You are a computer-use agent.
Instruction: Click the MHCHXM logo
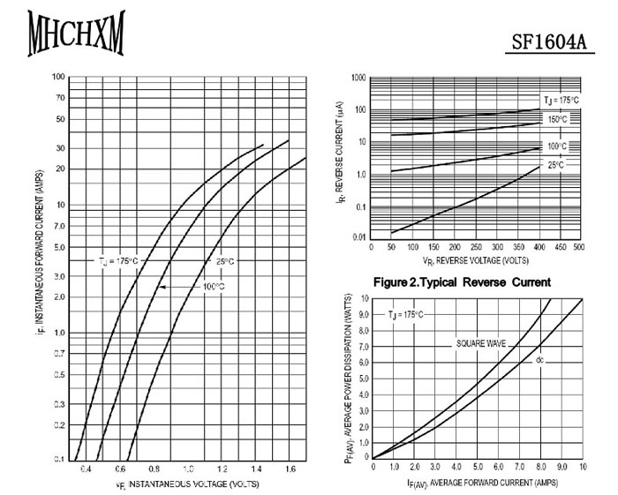pyautogui.click(x=76, y=33)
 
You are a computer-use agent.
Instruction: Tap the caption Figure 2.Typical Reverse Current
pyautogui.click(x=463, y=282)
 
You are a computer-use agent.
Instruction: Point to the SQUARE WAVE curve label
pyautogui.click(x=481, y=341)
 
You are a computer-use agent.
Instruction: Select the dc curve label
pyautogui.click(x=539, y=360)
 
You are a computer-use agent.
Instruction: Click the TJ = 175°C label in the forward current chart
pyautogui.click(x=118, y=261)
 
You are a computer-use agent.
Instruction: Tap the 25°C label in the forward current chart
pyautogui.click(x=225, y=261)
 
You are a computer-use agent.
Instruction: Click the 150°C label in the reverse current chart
pyautogui.click(x=557, y=119)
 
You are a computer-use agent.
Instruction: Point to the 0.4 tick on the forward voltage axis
pyautogui.click(x=86, y=469)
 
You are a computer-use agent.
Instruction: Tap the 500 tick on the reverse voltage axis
pyautogui.click(x=579, y=247)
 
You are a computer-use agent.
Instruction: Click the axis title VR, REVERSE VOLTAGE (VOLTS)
pyautogui.click(x=475, y=261)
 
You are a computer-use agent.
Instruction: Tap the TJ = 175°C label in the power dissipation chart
pyautogui.click(x=405, y=315)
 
